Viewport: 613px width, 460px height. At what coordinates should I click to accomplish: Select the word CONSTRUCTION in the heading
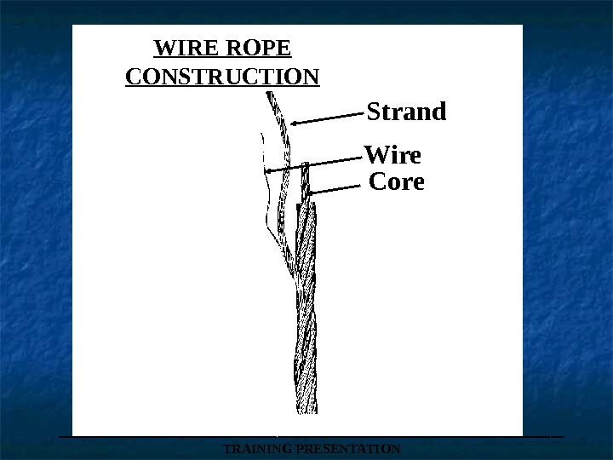coord(222,78)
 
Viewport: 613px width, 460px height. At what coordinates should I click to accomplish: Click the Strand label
coord(406,112)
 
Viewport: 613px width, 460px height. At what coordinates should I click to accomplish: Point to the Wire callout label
coord(392,156)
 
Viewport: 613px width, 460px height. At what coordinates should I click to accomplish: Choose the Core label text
coord(397,181)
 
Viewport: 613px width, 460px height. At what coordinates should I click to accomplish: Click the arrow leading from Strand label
coord(329,118)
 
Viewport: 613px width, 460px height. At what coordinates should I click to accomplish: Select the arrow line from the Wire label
coord(315,163)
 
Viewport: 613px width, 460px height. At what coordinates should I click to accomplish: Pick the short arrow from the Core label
coord(336,189)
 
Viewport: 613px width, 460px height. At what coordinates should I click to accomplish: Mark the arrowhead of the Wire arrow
coord(267,171)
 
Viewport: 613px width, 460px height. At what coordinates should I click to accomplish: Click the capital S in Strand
coord(372,112)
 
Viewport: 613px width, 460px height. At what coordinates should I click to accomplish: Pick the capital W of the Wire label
coord(375,156)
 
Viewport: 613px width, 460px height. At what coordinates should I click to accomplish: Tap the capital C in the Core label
coord(377,181)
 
